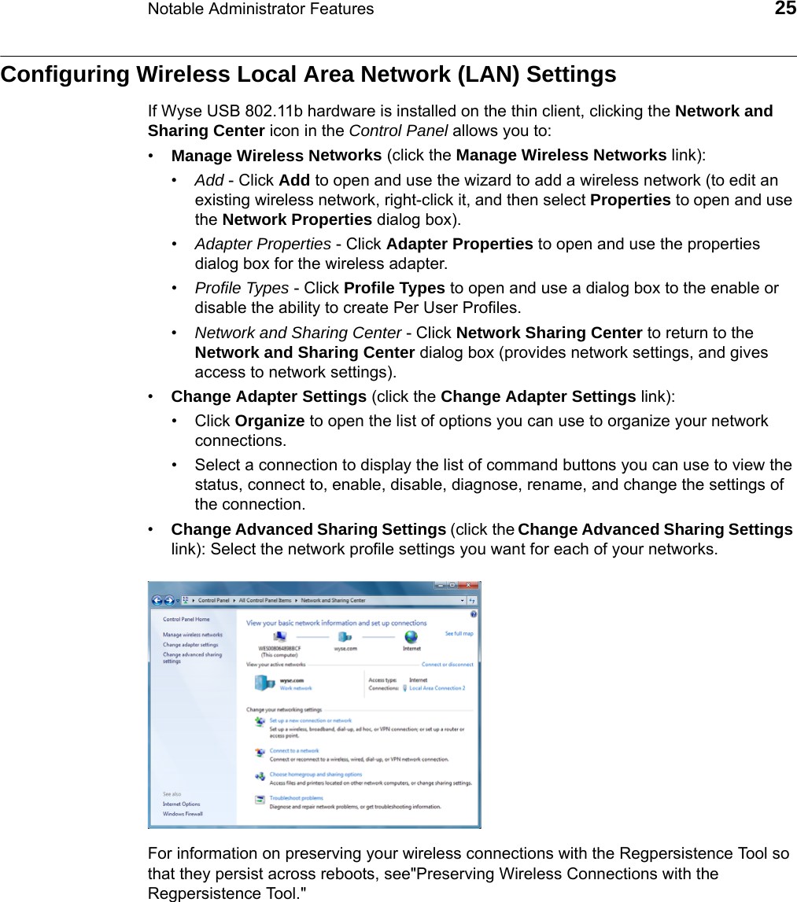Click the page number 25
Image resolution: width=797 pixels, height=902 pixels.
784,9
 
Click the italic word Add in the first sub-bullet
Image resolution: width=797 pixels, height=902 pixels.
208,180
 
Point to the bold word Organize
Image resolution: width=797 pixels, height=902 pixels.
270,421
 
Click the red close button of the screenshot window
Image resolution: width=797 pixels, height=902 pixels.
470,585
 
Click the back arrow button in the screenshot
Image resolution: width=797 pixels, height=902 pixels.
157,600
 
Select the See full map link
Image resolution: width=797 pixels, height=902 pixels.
459,633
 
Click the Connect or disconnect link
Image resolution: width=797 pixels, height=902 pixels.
447,665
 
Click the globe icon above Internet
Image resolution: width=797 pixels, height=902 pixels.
411,637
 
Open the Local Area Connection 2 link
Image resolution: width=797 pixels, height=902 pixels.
437,688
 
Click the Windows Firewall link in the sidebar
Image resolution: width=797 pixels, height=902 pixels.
183,814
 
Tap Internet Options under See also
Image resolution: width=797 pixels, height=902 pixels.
181,804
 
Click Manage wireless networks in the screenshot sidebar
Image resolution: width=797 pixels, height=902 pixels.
192,635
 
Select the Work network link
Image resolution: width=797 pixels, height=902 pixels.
296,688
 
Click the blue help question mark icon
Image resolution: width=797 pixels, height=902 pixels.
473,613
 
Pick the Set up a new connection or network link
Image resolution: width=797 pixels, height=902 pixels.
310,720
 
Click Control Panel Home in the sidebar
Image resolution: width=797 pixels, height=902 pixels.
186,619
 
